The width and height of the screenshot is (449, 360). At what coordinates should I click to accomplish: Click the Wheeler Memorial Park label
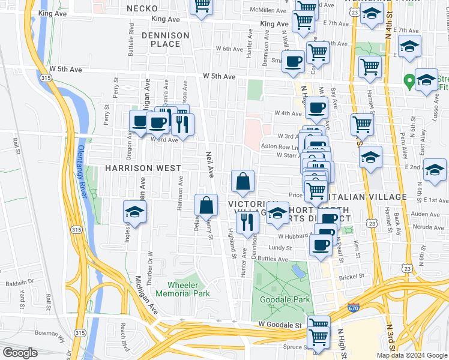click(182, 289)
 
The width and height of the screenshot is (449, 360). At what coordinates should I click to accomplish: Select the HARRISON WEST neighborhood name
click(139, 169)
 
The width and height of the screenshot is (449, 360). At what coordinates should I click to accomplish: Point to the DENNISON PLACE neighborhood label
click(165, 40)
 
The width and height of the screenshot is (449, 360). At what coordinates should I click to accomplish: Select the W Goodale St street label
click(271, 325)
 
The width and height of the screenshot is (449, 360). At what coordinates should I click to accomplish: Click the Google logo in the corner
click(20, 353)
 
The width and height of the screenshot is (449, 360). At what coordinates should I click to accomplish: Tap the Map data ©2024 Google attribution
click(411, 355)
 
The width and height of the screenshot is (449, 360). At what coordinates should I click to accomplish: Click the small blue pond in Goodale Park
click(298, 271)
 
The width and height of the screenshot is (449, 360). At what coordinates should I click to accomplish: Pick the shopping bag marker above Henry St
click(206, 205)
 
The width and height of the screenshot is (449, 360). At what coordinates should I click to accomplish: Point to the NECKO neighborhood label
click(142, 8)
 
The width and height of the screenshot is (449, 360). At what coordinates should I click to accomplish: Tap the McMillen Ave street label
click(268, 10)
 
